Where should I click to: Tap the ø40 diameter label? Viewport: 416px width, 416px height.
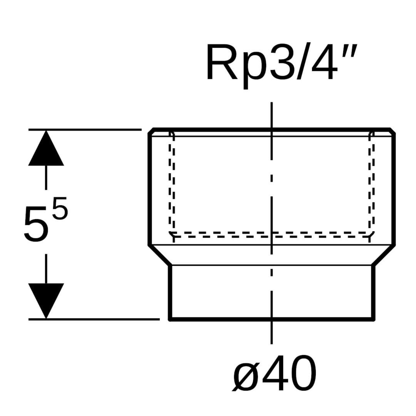coord(275,372)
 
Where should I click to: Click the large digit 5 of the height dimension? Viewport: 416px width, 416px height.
coord(37,224)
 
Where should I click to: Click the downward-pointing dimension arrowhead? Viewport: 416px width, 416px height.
coord(46,300)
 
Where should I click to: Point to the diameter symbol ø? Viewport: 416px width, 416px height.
coord(247,373)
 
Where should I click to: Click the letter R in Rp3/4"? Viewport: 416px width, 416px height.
coord(222,62)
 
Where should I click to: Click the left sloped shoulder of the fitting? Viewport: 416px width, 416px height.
coord(160,255)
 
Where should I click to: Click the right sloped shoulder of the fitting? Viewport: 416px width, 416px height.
coord(384,255)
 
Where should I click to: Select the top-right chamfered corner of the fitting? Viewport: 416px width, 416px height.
coord(393,131)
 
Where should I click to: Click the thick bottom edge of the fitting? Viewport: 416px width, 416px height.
coord(272,319)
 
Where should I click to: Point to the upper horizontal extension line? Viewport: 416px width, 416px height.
coord(85,129)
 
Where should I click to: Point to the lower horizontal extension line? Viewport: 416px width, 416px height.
coord(92,319)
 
